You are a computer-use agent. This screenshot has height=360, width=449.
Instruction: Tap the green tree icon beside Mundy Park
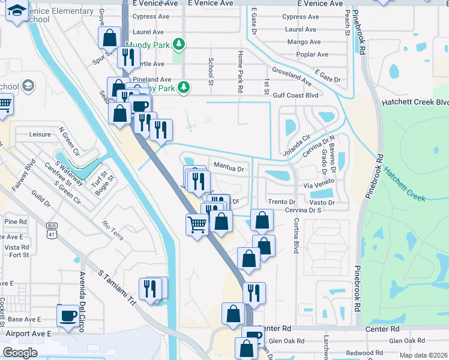[178, 44]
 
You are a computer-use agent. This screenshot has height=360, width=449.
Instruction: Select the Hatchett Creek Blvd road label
[415, 103]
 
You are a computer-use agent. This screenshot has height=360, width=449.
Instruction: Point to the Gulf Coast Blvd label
[295, 95]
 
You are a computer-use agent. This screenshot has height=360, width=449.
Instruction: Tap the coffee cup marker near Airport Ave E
[68, 316]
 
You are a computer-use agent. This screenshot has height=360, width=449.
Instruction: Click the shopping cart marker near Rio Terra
[197, 225]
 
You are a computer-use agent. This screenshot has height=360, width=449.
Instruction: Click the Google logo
[20, 352]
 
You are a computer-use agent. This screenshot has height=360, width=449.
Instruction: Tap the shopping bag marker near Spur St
[110, 38]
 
